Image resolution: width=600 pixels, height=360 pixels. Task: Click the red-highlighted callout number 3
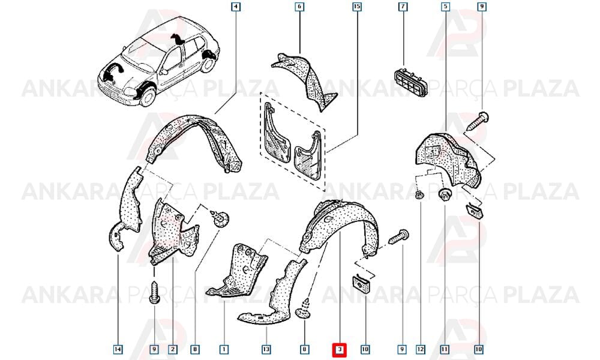pos(340,349)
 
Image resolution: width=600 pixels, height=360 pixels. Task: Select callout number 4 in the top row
pos(236,7)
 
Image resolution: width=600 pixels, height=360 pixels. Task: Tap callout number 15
pos(356,7)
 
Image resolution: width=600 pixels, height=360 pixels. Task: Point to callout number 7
pos(403,7)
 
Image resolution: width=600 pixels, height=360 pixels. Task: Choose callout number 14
pos(118,349)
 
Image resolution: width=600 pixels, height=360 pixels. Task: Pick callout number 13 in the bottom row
pos(266,349)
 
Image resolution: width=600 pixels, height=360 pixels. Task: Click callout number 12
pos(421,349)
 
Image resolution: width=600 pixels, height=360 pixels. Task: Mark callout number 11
pos(445,349)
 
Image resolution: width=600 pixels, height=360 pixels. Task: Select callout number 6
pos(299,7)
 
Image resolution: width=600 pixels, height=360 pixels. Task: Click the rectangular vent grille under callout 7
pos(410,82)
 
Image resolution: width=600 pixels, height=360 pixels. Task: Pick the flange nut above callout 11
pos(445,194)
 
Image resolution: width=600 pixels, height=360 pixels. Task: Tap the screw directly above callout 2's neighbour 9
pos(154,293)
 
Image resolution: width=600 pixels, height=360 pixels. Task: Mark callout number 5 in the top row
pos(445,7)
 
